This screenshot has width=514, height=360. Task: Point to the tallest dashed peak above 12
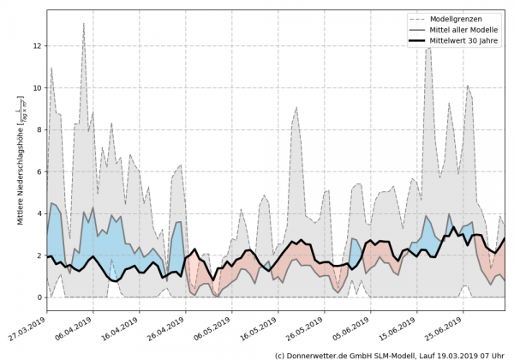(83, 23)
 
